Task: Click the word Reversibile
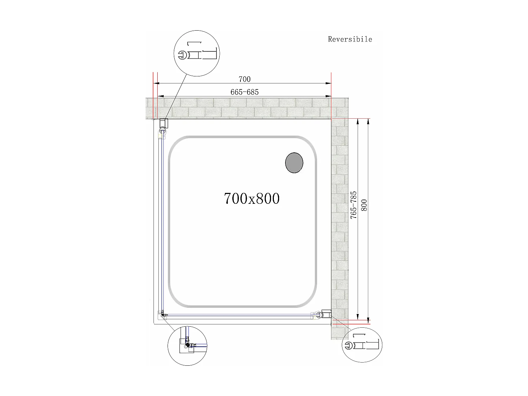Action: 350,39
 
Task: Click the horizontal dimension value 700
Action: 244,79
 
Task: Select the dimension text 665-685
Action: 244,92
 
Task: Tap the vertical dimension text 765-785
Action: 353,205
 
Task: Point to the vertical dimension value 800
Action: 364,205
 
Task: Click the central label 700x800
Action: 252,199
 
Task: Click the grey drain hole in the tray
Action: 294,163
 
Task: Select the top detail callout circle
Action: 197,53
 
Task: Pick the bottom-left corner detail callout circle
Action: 187,345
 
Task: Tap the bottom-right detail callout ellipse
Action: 362,345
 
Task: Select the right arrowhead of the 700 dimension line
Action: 328,83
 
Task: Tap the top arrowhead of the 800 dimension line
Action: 368,122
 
